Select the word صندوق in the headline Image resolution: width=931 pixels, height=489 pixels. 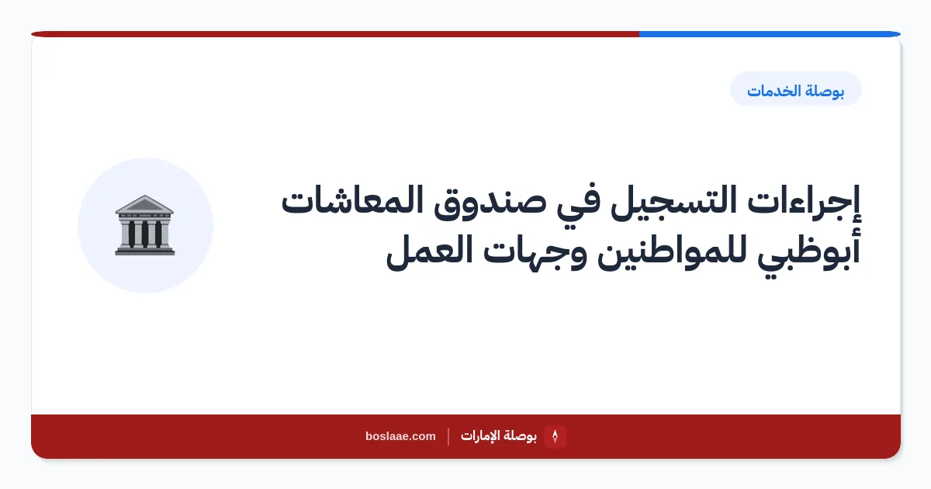pos(490,203)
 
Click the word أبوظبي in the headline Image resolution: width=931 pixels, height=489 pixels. pos(808,252)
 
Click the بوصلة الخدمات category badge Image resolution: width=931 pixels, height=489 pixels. pos(795,89)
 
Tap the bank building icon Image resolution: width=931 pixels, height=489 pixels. pos(144,225)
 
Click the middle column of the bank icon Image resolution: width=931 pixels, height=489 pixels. pos(144,234)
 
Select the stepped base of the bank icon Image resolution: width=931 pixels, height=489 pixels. pos(144,251)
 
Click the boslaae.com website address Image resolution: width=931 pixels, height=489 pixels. pos(400,436)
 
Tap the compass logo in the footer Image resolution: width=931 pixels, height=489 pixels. pos(555,436)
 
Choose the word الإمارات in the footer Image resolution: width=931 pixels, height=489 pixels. pos(479,436)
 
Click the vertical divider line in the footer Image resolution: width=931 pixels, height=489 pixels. pos(448,436)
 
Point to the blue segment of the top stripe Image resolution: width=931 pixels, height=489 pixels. pos(770,34)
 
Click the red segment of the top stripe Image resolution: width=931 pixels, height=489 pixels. pos(335,34)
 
